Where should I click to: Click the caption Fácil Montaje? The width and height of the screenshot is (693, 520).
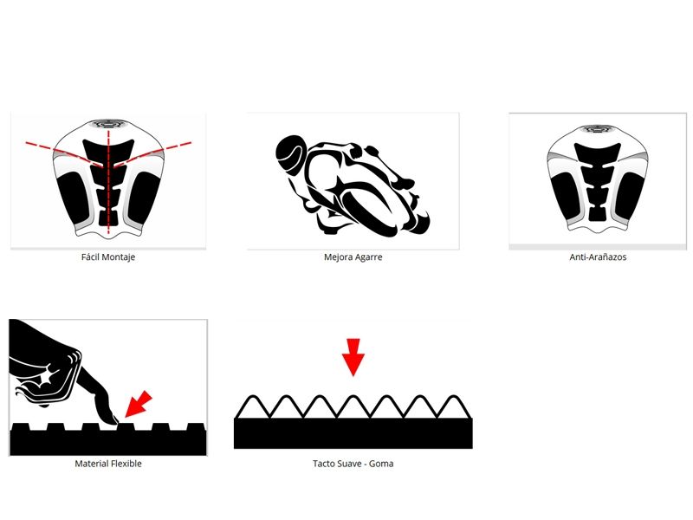[x=108, y=257]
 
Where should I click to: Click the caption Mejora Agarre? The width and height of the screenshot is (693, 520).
[x=353, y=257]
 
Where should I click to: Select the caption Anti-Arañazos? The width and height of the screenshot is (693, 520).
[x=598, y=257]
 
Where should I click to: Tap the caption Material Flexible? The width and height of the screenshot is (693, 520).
[x=108, y=464]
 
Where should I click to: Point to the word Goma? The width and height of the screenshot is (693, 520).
[x=381, y=464]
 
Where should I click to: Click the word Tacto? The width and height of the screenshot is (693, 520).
[x=324, y=464]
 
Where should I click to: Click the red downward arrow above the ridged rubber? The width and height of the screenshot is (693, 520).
[x=353, y=357]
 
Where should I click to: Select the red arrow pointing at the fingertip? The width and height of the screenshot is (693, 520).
[x=139, y=404]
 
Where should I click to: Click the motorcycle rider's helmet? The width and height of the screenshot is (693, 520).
[x=290, y=153]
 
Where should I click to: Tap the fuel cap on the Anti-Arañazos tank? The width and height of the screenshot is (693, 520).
[x=598, y=129]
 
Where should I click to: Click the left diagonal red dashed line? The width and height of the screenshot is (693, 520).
[x=65, y=154]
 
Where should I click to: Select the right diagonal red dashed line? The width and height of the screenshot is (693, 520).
[x=152, y=154]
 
